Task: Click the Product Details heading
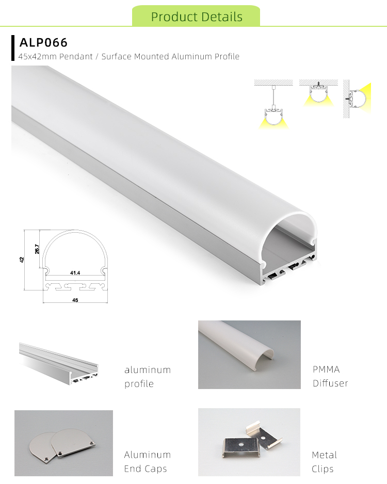[197, 17]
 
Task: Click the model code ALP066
[44, 42]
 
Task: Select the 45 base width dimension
[75, 300]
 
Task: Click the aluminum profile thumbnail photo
[58, 364]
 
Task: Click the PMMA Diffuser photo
[249, 354]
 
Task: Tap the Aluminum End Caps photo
[63, 442]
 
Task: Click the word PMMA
[326, 369]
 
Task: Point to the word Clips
[322, 469]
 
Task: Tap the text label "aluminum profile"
[147, 377]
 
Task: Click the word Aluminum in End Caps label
[147, 455]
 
